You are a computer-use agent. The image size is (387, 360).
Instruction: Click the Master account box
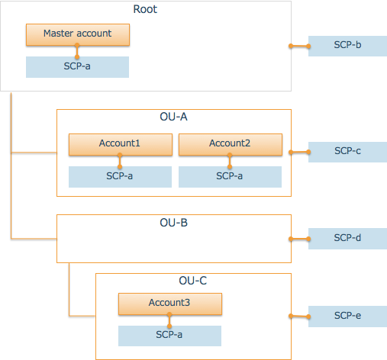point(77,34)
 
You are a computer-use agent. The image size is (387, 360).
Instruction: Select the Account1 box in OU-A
point(120,143)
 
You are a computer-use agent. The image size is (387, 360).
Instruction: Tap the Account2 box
point(230,143)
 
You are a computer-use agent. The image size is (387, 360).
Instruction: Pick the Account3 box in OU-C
point(169,304)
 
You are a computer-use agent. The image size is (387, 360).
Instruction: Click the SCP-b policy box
point(347,46)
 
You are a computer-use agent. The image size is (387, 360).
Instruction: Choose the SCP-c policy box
point(347,151)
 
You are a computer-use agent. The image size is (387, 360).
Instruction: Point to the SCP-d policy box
point(347,238)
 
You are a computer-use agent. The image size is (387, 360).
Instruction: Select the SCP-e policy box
point(347,316)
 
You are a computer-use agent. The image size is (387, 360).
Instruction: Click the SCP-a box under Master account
point(77,66)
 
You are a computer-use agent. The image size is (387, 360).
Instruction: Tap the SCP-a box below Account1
point(120,176)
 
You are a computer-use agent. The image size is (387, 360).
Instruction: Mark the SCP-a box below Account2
point(230,176)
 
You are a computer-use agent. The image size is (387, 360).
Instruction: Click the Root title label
point(146,8)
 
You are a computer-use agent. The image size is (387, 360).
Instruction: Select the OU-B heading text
point(173,223)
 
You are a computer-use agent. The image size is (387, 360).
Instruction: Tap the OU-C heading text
point(192,281)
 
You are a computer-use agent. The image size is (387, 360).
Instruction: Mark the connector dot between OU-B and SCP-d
point(291,238)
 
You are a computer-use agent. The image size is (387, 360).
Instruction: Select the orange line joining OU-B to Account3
point(70,294)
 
